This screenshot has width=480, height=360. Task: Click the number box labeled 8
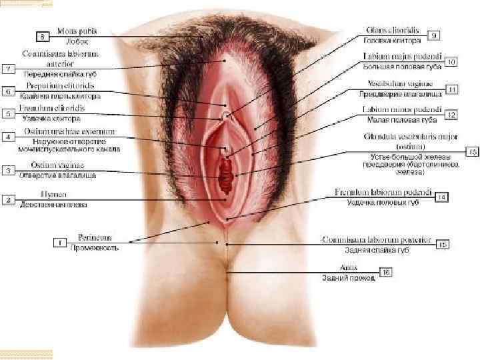click(43, 35)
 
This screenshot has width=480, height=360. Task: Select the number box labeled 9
click(433, 35)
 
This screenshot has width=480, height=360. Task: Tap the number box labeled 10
click(451, 61)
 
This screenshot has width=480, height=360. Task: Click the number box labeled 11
click(451, 89)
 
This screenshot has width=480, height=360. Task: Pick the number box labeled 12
click(451, 115)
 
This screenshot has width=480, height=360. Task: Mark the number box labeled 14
click(441, 197)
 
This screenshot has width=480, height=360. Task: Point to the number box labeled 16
click(387, 271)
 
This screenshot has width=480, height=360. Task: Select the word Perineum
click(95, 237)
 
